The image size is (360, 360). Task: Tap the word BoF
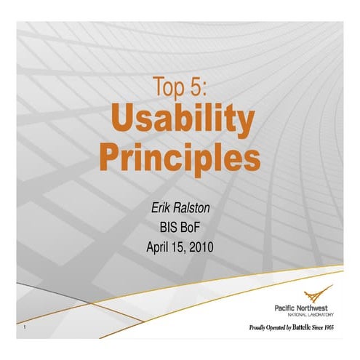(x=192, y=228)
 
